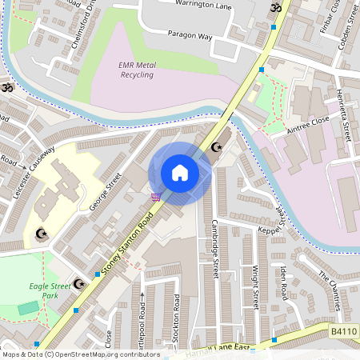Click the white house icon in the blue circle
(180, 173)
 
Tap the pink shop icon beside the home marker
(155, 196)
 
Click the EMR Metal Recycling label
(137, 70)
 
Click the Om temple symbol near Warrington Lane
(278, 7)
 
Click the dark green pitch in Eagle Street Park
(28, 307)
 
